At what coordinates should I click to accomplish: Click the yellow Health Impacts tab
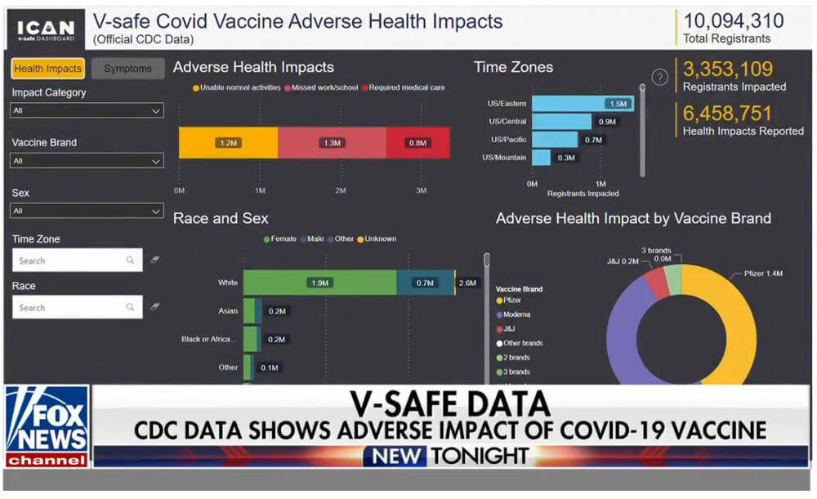click(47, 69)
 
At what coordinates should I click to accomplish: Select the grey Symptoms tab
click(128, 69)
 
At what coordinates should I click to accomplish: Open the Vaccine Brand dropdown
click(87, 162)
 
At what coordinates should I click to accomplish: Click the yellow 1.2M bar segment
click(228, 143)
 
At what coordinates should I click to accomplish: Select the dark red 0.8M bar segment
click(417, 143)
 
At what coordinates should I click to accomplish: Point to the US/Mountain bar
click(542, 158)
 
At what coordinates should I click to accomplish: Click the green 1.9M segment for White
click(319, 283)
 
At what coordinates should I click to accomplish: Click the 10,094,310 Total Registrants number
click(732, 20)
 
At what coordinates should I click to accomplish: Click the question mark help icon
click(660, 78)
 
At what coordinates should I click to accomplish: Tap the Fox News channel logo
click(47, 425)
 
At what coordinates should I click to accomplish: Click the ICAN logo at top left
click(47, 29)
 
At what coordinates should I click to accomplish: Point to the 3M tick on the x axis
click(422, 190)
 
